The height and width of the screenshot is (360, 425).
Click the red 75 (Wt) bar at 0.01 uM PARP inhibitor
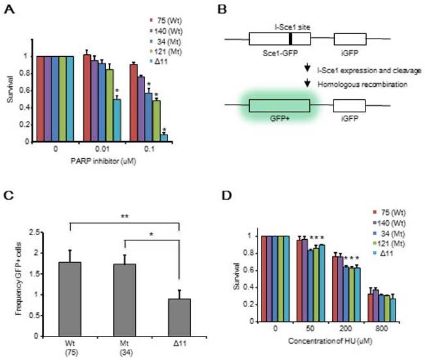[x=87, y=98]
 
